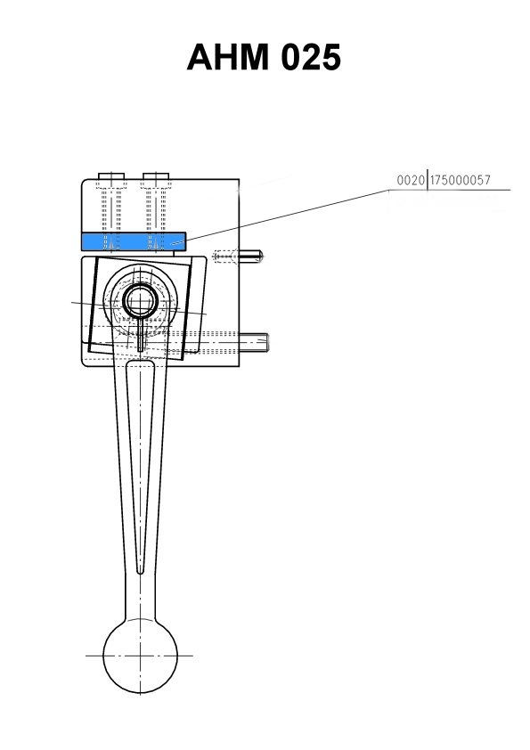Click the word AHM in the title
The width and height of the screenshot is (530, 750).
228,57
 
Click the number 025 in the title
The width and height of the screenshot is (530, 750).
311,57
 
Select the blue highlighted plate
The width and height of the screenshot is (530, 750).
134,241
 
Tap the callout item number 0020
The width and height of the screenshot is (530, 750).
411,180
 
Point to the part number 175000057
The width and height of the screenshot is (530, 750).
461,180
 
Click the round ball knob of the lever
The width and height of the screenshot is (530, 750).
140,656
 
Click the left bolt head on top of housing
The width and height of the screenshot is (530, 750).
111,176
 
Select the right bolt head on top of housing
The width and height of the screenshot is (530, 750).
156,176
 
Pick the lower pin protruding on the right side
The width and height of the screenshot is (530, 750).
254,342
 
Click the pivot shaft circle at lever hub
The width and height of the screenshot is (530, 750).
140,301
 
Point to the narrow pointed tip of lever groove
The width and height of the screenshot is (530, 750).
140,572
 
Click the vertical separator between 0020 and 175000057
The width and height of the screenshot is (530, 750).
427,180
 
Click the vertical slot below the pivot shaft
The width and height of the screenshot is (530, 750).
140,334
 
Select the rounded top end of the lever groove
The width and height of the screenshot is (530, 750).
140,363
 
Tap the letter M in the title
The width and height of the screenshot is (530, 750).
250,57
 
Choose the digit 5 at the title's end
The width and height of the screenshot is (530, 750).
331,57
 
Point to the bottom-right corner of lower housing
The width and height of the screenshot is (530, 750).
240,366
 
